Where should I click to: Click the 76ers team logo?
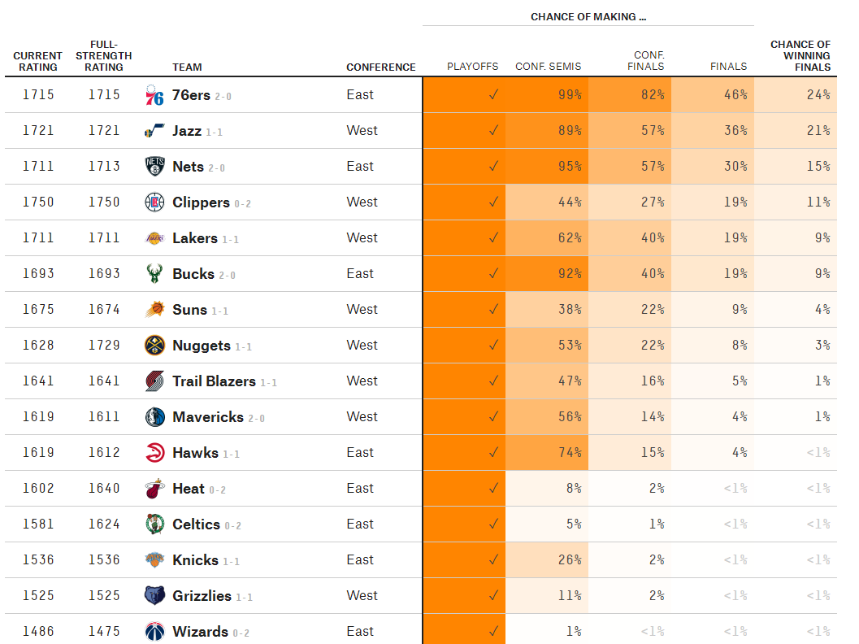[x=154, y=95]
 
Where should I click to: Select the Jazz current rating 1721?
[x=38, y=131]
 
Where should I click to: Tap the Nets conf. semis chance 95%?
[x=570, y=167]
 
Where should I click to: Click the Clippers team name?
[x=201, y=202]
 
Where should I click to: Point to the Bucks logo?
[x=154, y=274]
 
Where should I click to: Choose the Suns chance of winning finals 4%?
[x=822, y=310]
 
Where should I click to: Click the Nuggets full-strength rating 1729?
[x=104, y=346]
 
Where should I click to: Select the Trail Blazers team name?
[x=214, y=381]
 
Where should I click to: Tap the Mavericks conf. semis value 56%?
[x=570, y=417]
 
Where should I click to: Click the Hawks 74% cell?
[x=570, y=453]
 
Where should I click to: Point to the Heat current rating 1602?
[x=38, y=489]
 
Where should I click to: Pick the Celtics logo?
[x=154, y=524]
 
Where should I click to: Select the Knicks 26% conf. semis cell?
[x=570, y=560]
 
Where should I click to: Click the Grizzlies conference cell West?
[x=362, y=596]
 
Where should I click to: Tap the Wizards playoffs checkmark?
[x=492, y=632]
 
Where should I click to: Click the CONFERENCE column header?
[x=380, y=67]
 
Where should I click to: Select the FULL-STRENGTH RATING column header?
[x=104, y=55]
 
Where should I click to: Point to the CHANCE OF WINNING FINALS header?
[x=800, y=55]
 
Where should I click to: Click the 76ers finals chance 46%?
[x=735, y=95]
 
